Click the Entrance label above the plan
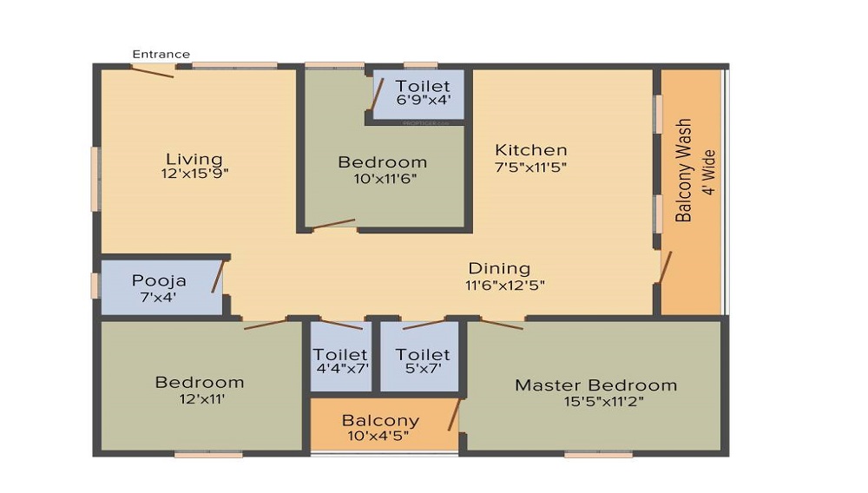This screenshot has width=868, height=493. pyautogui.click(x=161, y=54)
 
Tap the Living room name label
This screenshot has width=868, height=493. pyautogui.click(x=194, y=159)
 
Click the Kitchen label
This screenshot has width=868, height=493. pyautogui.click(x=530, y=150)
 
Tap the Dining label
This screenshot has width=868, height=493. pyautogui.click(x=499, y=268)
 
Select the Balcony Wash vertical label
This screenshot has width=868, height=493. pyautogui.click(x=684, y=170)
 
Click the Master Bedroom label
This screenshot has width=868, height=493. pyautogui.click(x=595, y=385)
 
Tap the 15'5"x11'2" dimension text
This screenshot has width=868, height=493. pyautogui.click(x=595, y=400)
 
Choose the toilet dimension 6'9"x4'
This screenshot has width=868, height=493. pyautogui.click(x=423, y=99)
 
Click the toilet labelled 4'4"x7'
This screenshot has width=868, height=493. pyautogui.click(x=341, y=361)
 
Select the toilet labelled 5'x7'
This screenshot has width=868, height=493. pyautogui.click(x=423, y=361)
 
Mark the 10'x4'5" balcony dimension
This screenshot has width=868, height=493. pyautogui.click(x=380, y=435)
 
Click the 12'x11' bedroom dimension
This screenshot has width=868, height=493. pyautogui.click(x=200, y=398)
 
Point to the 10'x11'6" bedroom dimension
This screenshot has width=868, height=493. pyautogui.click(x=382, y=178)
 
